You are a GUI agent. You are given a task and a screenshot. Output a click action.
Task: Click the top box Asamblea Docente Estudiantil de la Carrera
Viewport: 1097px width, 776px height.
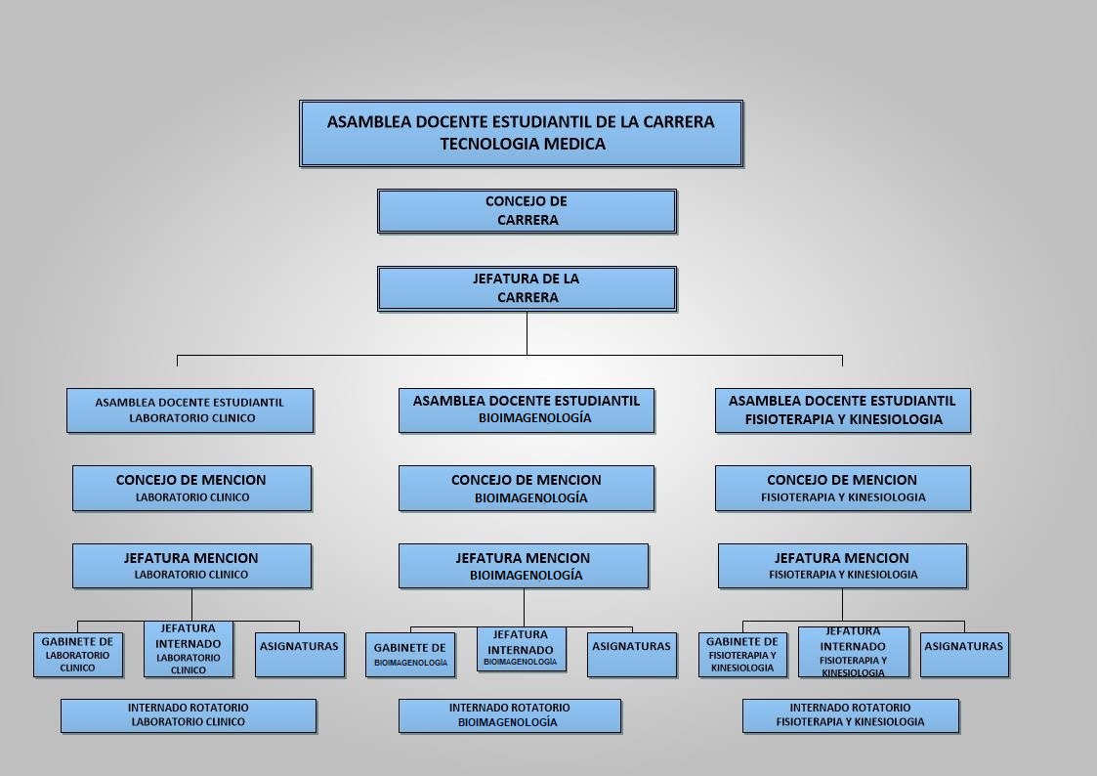(x=522, y=133)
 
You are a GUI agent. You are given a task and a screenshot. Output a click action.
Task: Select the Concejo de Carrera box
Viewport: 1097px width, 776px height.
(x=527, y=211)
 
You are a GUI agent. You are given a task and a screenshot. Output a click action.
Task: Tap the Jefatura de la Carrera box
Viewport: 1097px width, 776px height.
(x=527, y=287)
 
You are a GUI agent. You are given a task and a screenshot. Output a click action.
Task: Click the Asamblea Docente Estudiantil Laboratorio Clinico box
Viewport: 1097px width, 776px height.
(x=190, y=410)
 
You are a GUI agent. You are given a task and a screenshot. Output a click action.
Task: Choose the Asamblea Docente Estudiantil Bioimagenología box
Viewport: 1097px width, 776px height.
(x=527, y=410)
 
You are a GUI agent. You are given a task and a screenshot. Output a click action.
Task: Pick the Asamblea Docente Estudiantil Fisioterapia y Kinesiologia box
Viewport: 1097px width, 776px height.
(x=842, y=410)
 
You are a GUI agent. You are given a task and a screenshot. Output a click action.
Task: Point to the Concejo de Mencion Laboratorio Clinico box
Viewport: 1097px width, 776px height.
(x=191, y=488)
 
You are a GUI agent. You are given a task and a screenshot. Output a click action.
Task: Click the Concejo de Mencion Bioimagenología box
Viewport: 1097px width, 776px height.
(x=527, y=488)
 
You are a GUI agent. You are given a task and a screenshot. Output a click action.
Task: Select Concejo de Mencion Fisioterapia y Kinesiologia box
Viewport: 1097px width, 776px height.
(x=842, y=488)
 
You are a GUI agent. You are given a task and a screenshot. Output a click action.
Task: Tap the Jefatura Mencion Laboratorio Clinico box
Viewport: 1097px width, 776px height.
(x=191, y=565)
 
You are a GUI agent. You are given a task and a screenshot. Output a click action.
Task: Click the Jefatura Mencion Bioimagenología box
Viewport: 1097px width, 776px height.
(x=524, y=565)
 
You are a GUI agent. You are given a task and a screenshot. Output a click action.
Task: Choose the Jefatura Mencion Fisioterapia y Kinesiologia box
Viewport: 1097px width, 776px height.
(x=842, y=565)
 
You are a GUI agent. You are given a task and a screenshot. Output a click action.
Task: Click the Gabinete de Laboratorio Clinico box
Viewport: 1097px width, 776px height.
(x=77, y=654)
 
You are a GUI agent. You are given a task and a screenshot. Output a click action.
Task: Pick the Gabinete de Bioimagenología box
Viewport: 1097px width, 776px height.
(x=410, y=654)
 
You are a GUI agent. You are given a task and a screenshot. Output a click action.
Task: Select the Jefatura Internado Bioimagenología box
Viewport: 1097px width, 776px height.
(x=522, y=649)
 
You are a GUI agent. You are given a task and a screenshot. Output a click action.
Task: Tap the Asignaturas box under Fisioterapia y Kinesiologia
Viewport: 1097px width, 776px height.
(x=964, y=654)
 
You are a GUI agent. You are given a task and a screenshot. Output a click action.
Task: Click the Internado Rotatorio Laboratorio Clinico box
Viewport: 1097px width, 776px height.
(x=189, y=715)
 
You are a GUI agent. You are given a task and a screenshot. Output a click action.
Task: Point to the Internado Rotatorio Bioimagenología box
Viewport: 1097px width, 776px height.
(x=509, y=715)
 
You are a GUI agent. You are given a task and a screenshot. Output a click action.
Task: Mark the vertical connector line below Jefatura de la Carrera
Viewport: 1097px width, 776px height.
(x=527, y=333)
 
